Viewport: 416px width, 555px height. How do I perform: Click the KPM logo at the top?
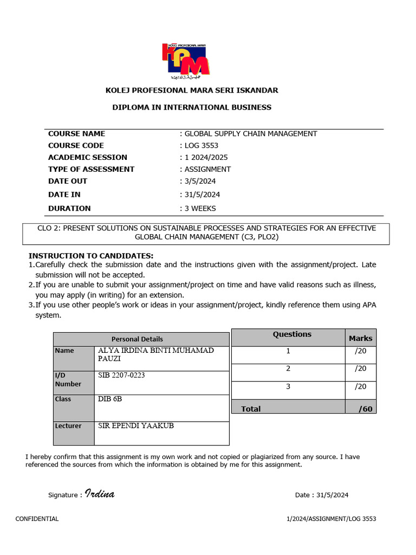click(186, 60)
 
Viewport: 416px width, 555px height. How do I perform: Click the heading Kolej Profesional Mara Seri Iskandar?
click(192, 90)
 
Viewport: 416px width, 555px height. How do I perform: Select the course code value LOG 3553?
click(201, 145)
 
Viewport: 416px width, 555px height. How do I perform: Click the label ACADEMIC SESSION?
click(87, 157)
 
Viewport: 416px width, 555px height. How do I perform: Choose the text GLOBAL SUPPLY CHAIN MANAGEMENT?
click(251, 133)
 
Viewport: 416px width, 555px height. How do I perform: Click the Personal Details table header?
click(137, 339)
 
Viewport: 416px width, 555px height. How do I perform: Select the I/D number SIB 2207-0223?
click(121, 375)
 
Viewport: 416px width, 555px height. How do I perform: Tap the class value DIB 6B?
click(110, 399)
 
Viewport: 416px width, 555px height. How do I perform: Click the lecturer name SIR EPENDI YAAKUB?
click(135, 426)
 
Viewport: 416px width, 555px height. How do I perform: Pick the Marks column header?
click(360, 338)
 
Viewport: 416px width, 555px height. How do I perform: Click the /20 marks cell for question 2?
click(360, 369)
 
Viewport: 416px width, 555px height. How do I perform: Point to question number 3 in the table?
click(288, 386)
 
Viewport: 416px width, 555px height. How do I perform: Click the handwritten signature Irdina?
click(100, 494)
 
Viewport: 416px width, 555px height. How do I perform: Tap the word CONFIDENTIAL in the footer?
click(37, 519)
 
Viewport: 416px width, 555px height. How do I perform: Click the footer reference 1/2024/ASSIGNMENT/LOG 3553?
click(331, 519)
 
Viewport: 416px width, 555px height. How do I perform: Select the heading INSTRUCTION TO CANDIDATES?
click(91, 256)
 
